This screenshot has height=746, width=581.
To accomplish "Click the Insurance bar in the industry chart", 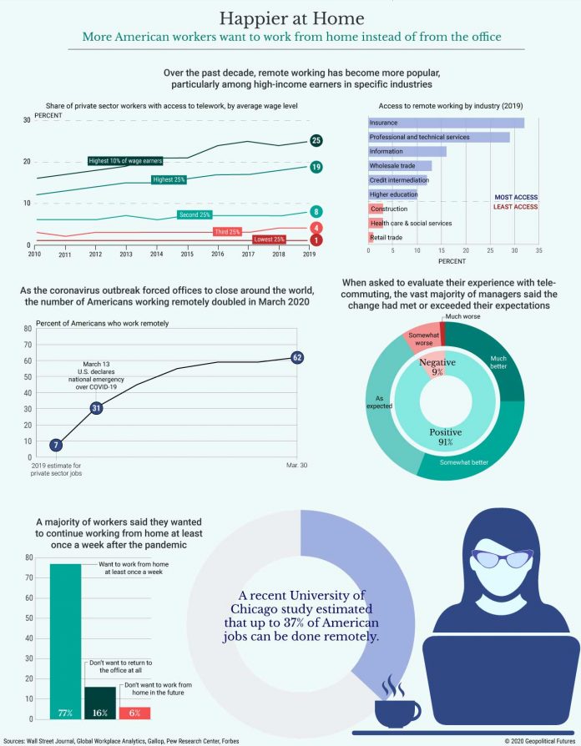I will [x=446, y=123].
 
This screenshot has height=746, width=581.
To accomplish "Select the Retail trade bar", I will [x=371, y=238].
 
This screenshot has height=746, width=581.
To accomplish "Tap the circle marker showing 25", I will [x=316, y=140].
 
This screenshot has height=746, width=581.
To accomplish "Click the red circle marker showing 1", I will [x=316, y=240].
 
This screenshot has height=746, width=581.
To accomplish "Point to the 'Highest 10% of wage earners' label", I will [x=124, y=160].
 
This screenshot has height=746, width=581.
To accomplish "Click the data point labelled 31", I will [x=96, y=408].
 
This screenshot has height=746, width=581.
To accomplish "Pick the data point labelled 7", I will [x=56, y=445].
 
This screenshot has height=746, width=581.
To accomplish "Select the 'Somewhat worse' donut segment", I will [x=420, y=336].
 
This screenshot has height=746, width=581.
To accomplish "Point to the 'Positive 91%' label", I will [x=445, y=436].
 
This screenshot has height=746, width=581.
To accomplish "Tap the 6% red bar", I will [x=134, y=713].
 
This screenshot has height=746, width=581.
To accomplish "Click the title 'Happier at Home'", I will [x=290, y=18].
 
